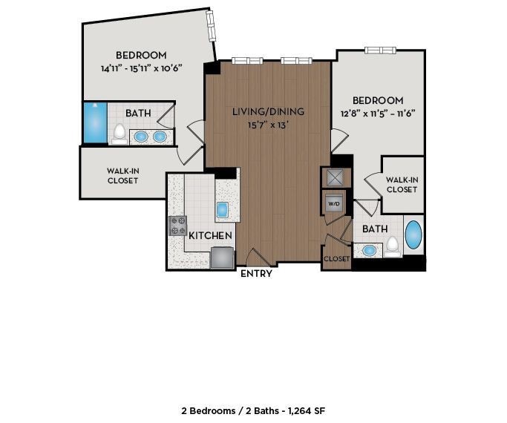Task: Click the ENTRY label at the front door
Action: click(256, 274)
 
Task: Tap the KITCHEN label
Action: click(211, 235)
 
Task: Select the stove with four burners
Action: click(178, 225)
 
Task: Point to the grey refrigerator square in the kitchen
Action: click(222, 257)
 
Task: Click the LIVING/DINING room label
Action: click(268, 112)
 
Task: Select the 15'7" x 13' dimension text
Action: click(268, 125)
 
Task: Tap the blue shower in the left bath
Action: click(94, 123)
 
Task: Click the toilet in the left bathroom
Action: click(120, 134)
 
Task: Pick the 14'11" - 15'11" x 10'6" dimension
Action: click(141, 68)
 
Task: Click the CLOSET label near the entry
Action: click(336, 259)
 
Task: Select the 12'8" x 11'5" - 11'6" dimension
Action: click(378, 114)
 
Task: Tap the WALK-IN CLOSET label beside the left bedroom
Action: click(122, 176)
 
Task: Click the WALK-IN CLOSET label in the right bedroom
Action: click(402, 184)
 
